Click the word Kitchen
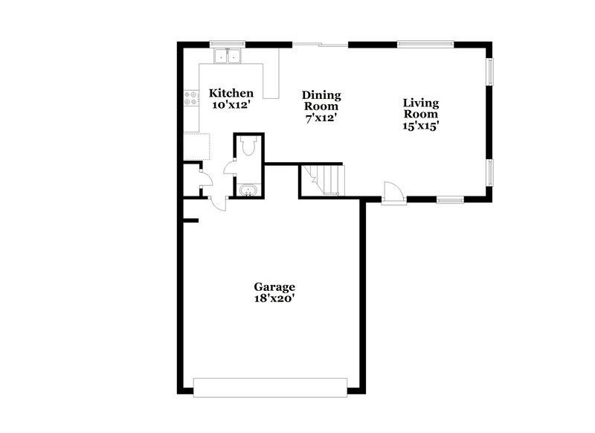click(231, 93)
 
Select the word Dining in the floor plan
click(321, 95)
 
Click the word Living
click(420, 103)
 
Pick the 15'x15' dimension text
click(420, 126)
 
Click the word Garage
click(274, 286)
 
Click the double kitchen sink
click(228, 55)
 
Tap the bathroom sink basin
click(248, 191)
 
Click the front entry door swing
click(393, 192)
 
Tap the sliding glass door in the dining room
click(321, 45)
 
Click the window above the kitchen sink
click(228, 44)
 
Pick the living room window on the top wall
click(425, 44)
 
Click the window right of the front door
click(449, 199)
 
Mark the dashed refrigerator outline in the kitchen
click(196, 147)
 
